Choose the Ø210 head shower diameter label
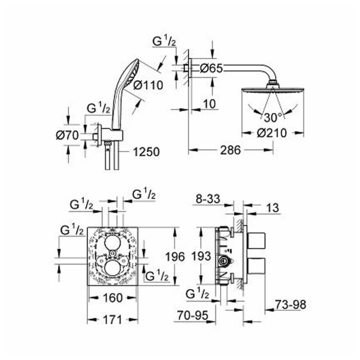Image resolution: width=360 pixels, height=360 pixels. tap(272, 133)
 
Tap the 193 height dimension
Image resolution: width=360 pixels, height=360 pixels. tap(201, 256)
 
